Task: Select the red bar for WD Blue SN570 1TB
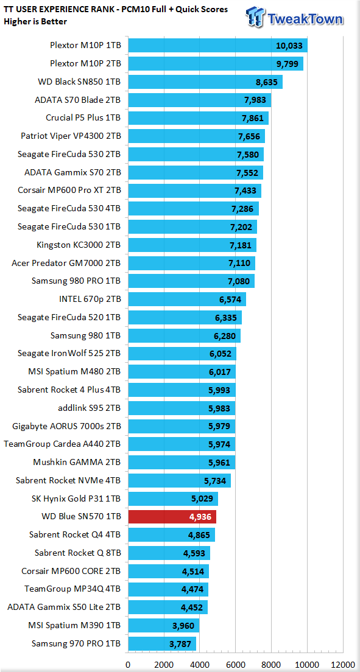point(172,517)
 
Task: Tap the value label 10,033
point(289,46)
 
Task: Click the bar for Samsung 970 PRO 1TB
point(162,643)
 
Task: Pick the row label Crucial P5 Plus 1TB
point(83,118)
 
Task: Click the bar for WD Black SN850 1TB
point(205,82)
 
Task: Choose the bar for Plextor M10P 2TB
point(216,64)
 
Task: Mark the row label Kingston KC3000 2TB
point(79,245)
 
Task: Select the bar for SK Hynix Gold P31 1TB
point(173,499)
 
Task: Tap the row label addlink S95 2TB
point(90,408)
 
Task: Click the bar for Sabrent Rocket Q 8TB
point(169,553)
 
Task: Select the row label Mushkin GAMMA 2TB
point(77,462)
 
